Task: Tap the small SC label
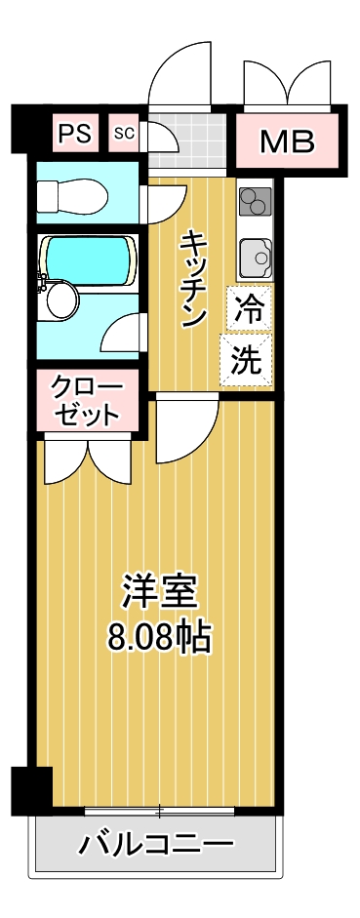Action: point(123,133)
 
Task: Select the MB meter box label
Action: point(287,142)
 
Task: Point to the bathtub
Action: point(88,258)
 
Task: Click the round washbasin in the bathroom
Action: point(60,299)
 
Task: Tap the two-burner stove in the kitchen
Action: point(255,202)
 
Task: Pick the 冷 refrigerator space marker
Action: point(249,309)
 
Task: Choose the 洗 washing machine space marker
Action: point(247,360)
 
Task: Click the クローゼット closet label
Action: point(89,401)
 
